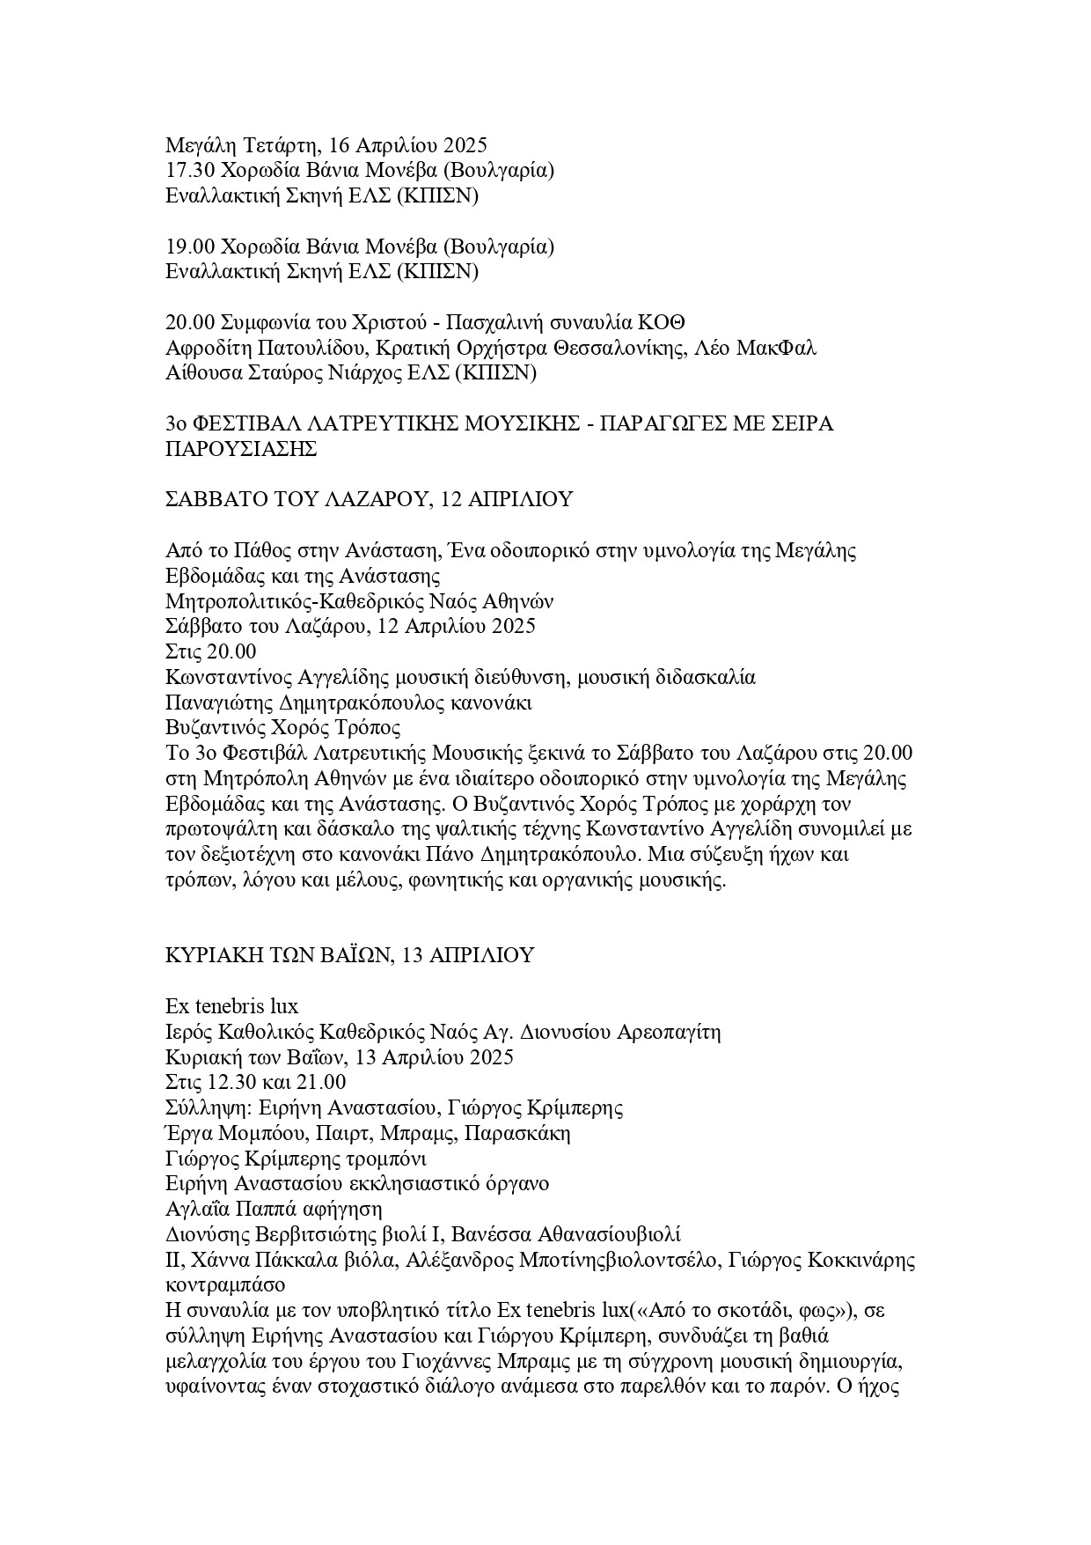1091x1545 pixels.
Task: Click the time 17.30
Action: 188,170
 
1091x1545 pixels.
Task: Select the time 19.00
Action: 188,246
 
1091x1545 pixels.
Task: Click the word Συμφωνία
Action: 263,321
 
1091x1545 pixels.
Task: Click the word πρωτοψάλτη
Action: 223,829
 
